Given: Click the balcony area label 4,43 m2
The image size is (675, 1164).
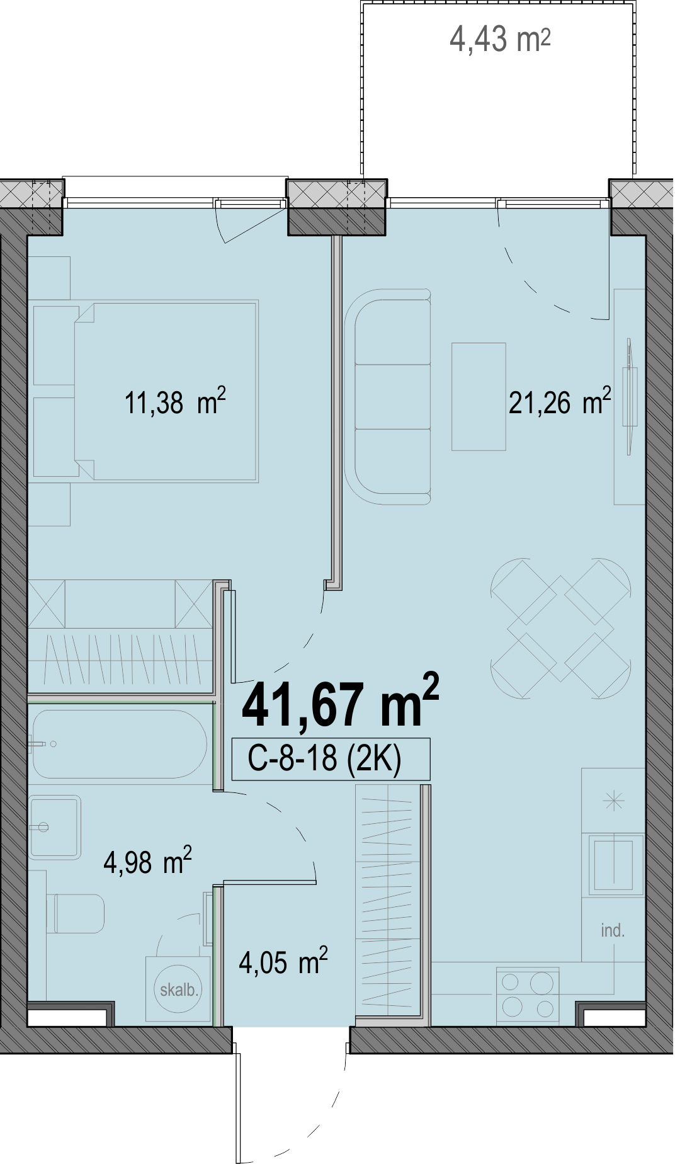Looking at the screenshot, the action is point(500,39).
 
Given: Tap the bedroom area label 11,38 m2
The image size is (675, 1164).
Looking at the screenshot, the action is point(175,402).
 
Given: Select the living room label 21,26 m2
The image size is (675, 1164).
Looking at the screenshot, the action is point(560,402).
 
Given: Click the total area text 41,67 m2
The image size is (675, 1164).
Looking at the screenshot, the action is point(340,702).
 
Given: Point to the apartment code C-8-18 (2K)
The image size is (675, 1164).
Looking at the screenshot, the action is point(324,758).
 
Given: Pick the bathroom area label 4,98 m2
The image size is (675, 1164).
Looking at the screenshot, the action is point(147,861).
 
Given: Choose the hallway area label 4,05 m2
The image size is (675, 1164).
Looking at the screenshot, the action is point(283,962).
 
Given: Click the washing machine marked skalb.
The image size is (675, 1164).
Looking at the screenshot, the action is point(178,989).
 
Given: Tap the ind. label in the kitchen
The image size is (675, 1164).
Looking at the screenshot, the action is point(613,930).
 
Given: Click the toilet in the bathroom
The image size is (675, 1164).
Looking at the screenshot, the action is point(76,913).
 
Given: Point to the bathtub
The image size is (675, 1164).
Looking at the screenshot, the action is point(120,744).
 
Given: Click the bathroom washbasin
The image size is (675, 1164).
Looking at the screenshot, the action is point(55,827).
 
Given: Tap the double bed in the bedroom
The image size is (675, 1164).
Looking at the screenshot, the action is point(165,391).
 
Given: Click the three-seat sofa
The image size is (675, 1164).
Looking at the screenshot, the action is point(388,397).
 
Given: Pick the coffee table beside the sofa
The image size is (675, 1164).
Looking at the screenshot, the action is point(479,397).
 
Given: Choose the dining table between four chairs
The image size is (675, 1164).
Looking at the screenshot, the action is point(560,628).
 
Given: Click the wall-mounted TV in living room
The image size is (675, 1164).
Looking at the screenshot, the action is point(629,397).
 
